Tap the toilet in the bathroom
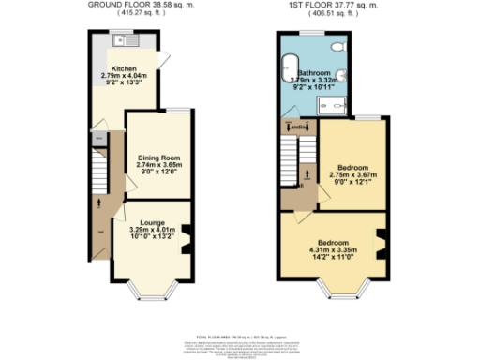(338, 46)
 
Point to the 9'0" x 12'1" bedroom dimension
(352, 181)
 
